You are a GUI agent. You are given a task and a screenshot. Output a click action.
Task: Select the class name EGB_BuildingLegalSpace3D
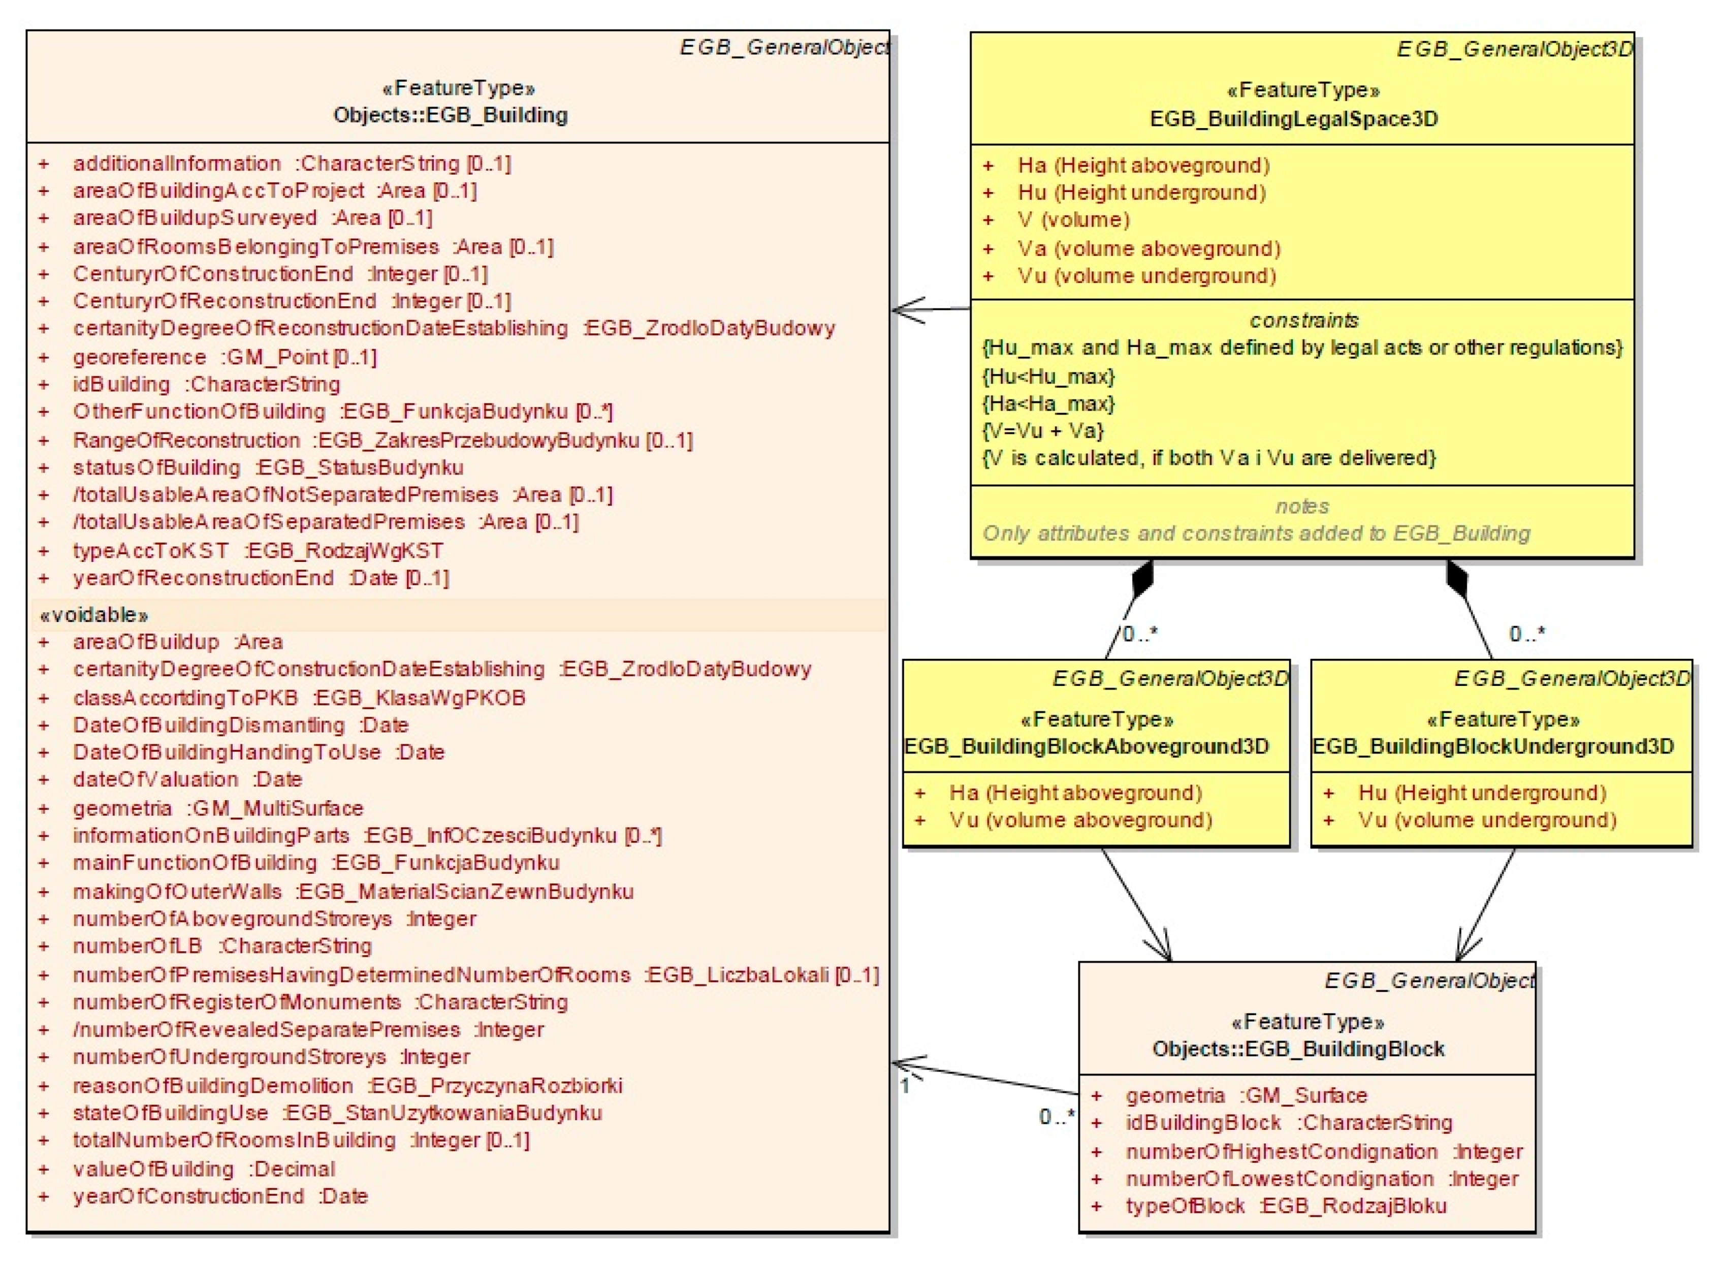[1294, 119]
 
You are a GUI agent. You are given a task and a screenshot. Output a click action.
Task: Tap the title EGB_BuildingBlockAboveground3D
[1086, 746]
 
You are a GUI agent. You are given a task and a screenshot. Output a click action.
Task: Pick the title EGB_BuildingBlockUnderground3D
[1493, 746]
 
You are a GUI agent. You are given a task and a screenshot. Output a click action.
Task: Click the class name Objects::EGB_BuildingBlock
[1298, 1049]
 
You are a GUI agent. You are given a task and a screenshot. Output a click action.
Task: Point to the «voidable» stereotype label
[94, 615]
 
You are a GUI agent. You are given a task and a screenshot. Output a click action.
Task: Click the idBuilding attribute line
[206, 384]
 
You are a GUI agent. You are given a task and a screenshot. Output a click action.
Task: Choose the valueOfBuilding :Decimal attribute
[204, 1169]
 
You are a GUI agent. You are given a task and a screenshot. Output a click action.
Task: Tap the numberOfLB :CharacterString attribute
[222, 945]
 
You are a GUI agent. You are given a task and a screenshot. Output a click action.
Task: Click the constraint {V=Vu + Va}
[1042, 431]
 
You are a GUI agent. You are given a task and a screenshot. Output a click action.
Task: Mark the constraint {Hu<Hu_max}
[1048, 376]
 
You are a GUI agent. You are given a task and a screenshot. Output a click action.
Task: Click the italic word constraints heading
[1303, 320]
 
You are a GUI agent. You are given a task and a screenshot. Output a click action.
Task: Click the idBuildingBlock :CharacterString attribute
[1288, 1122]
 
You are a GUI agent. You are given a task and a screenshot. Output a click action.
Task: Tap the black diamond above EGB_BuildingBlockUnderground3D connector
[1456, 580]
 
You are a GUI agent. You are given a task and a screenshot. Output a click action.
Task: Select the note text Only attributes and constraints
[1256, 533]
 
